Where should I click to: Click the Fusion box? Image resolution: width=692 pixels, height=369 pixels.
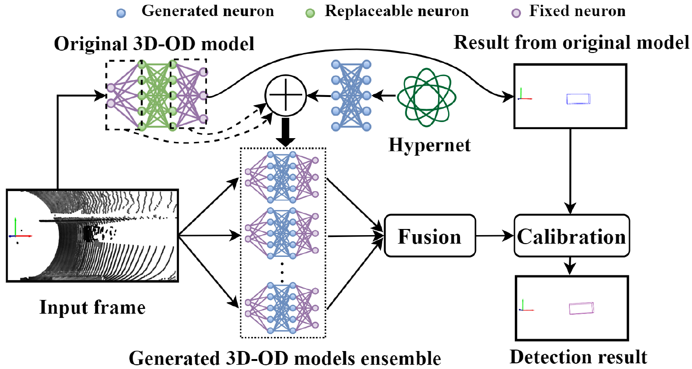coord(429,236)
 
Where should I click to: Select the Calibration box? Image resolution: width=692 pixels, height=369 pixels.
coord(572,236)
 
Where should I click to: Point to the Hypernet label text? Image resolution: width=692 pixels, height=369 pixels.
coord(430,145)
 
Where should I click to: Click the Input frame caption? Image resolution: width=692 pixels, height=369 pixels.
coord(92,308)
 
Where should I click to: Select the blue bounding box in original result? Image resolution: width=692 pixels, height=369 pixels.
coord(579,98)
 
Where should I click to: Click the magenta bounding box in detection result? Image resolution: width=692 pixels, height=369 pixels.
coord(581,308)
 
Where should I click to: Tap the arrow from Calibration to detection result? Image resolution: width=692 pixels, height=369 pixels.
coord(572,265)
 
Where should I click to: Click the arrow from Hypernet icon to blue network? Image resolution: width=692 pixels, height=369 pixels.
coord(384,96)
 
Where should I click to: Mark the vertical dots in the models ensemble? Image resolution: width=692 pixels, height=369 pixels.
coord(282,274)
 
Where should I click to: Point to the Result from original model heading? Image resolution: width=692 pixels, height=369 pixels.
coord(571,43)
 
